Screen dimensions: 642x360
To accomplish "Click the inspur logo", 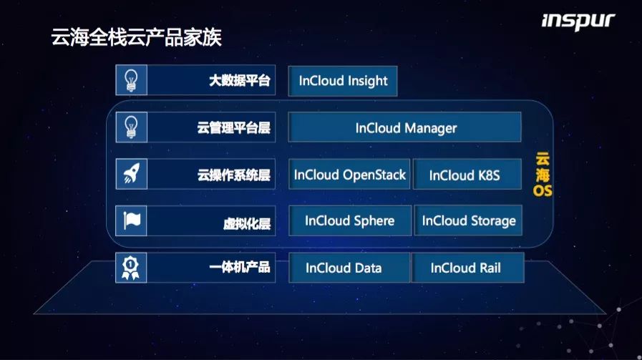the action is point(578,21).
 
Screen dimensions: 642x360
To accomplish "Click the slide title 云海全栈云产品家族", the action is point(136,37).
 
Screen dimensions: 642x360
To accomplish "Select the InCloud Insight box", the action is point(343,81).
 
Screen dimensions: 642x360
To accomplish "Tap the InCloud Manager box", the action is point(405,127).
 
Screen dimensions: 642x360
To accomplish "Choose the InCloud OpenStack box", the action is point(349,175).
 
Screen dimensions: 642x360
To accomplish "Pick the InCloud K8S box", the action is point(467,175).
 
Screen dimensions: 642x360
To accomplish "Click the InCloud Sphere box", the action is point(350,220).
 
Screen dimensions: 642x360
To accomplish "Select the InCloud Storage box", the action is point(468,220).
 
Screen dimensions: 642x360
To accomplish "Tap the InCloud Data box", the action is point(349,268).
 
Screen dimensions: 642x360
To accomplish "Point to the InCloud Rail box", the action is point(467,268).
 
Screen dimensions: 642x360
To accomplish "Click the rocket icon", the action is point(132,174).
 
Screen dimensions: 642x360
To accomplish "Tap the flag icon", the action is point(132,221).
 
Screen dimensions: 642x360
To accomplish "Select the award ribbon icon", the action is point(130,268).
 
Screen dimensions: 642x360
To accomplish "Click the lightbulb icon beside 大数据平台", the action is point(131,80).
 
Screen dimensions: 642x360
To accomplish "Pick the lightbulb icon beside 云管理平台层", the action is point(131,127).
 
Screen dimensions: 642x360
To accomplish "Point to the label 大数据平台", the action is point(240,80).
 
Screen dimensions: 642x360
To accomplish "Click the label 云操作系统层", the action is point(234,175).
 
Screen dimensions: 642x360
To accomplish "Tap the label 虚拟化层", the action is point(247,223).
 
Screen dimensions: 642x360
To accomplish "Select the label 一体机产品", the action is point(240,268).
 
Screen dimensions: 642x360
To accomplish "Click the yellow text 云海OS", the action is point(543,175).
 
